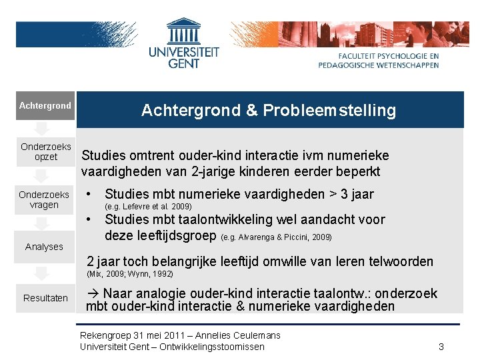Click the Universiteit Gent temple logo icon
coord(183,31)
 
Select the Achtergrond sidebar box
coord(45,106)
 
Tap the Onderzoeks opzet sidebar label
coord(45,152)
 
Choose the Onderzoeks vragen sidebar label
coord(44,199)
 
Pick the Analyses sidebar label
coord(44,247)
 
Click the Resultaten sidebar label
coord(45,298)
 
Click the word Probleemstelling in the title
coord(329,111)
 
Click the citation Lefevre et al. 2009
coord(149,207)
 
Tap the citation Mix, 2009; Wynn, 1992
coord(129,274)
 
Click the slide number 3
coord(441,347)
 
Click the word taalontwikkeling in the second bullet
coord(217,220)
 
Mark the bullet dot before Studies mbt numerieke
coord(89,195)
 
